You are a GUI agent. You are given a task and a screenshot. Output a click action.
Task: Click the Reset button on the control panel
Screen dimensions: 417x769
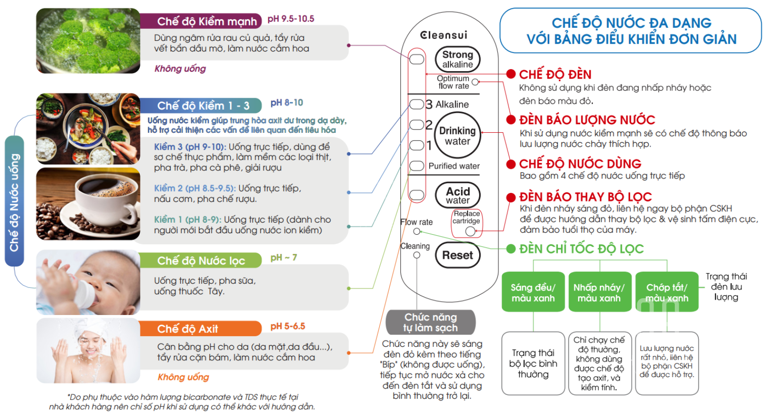(458, 255)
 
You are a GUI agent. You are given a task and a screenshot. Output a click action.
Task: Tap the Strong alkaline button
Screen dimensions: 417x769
(458, 59)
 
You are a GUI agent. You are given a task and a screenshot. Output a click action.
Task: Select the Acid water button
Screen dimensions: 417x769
(458, 195)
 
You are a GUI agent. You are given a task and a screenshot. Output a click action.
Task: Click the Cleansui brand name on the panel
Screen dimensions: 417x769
(443, 35)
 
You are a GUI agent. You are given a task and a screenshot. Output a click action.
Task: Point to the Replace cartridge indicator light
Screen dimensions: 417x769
(470, 231)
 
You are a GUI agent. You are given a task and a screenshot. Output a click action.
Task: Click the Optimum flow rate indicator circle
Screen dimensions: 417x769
(475, 82)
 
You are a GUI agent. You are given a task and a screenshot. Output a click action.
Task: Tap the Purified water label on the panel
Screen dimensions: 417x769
(454, 166)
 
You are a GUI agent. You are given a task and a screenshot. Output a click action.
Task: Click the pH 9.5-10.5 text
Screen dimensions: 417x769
(291, 19)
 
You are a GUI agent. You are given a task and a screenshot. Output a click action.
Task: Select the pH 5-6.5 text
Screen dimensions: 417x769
(287, 326)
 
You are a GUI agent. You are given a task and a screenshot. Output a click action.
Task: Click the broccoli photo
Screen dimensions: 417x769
(88, 41)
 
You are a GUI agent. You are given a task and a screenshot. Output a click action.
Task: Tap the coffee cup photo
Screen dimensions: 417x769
(88, 203)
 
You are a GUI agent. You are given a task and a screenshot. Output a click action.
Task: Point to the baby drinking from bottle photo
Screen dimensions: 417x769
(88, 282)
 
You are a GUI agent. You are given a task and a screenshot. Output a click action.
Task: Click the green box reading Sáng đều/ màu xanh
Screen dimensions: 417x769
(533, 292)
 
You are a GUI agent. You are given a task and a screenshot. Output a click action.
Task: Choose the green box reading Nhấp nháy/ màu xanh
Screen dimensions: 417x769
(599, 292)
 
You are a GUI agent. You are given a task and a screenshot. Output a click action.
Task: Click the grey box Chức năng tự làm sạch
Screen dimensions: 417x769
(431, 322)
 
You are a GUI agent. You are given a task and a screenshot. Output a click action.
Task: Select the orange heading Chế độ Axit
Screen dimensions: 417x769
(188, 329)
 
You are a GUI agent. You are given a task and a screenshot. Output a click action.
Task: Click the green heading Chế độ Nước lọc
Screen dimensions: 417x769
(201, 261)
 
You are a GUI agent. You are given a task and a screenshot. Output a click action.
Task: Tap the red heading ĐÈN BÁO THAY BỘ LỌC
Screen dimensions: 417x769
(585, 197)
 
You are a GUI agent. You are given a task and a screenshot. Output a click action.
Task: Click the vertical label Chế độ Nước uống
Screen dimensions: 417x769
(14, 202)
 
